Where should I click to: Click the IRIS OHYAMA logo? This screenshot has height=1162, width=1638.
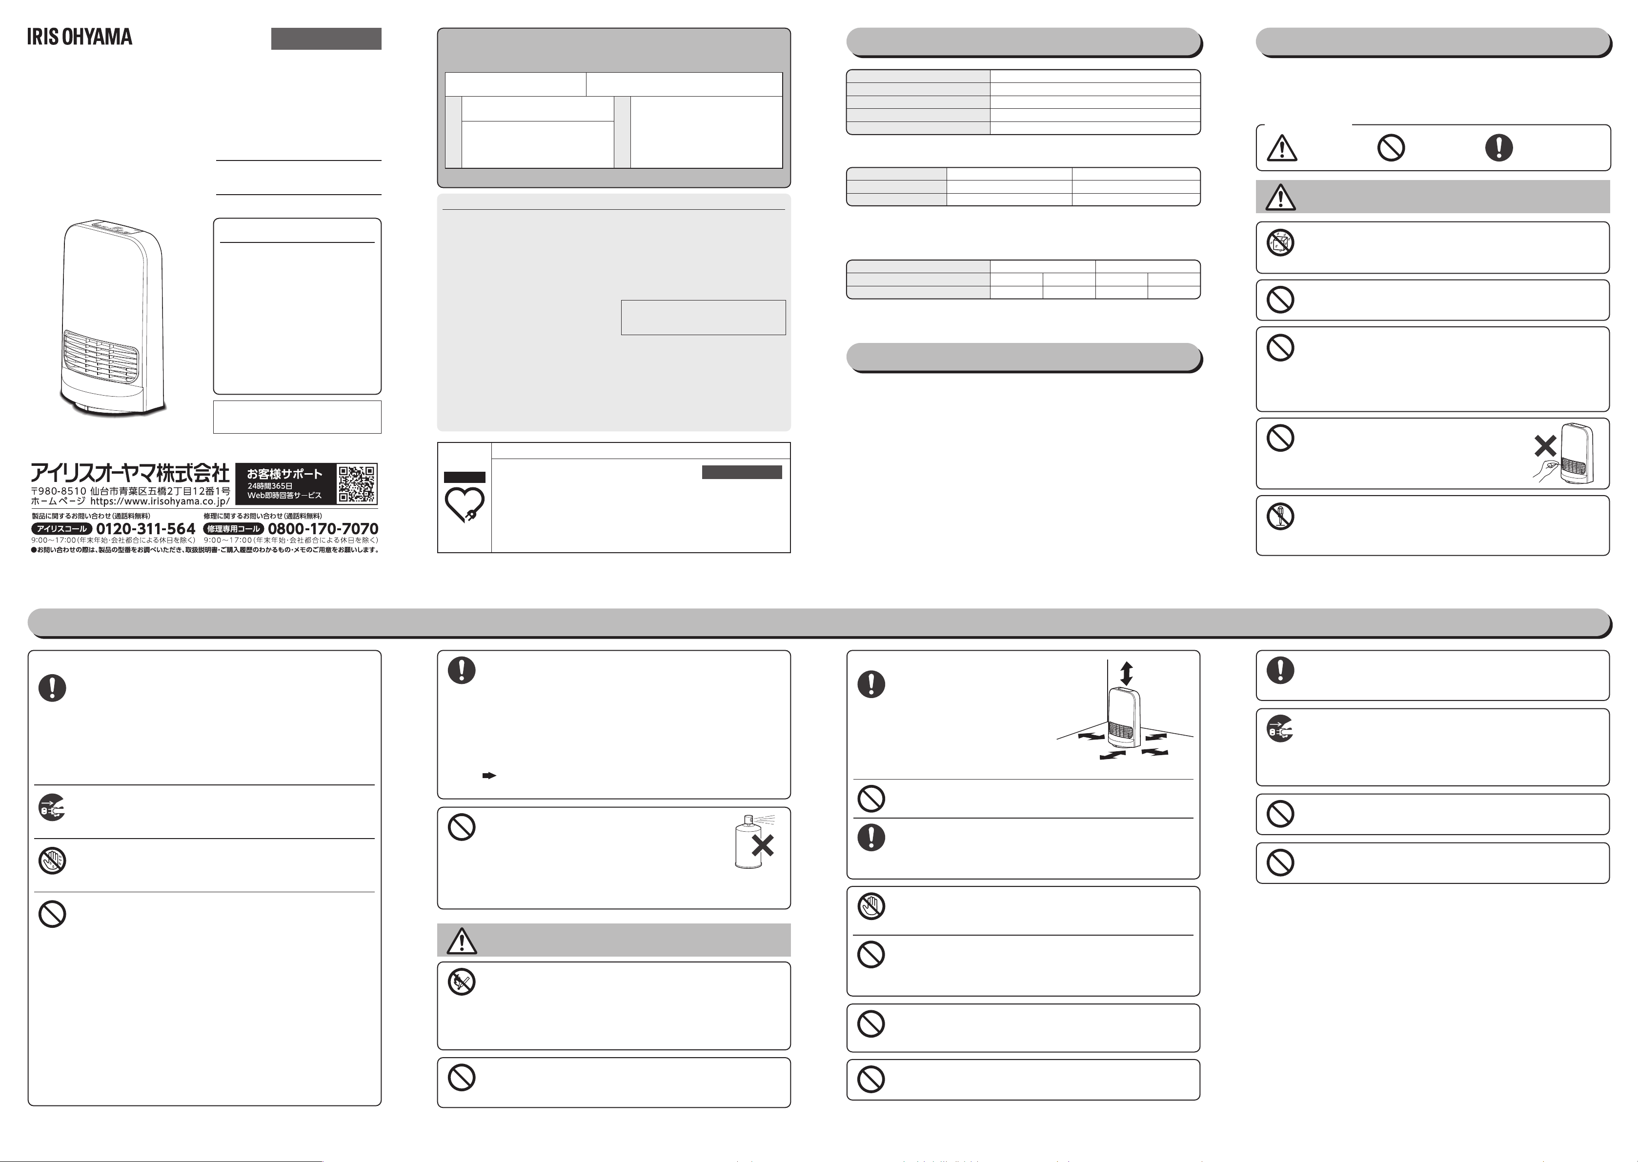pos(80,37)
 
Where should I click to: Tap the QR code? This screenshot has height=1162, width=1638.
pos(356,484)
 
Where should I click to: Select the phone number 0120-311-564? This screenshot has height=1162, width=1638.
pos(146,529)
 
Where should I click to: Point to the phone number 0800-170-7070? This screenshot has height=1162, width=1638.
pos(323,529)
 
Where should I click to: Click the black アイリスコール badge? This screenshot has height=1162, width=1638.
pos(61,529)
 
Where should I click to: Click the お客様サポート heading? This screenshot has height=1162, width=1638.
pos(284,474)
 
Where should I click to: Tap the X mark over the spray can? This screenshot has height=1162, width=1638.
pos(762,846)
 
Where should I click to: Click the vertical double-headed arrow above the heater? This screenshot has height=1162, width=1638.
pos(1126,673)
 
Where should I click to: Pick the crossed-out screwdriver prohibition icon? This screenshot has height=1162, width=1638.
pos(1280,517)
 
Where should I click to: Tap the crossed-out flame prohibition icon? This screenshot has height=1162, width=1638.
pos(462,982)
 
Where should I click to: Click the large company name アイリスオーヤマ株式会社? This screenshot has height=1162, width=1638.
pos(129,473)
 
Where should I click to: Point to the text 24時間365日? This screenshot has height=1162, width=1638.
pos(270,486)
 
